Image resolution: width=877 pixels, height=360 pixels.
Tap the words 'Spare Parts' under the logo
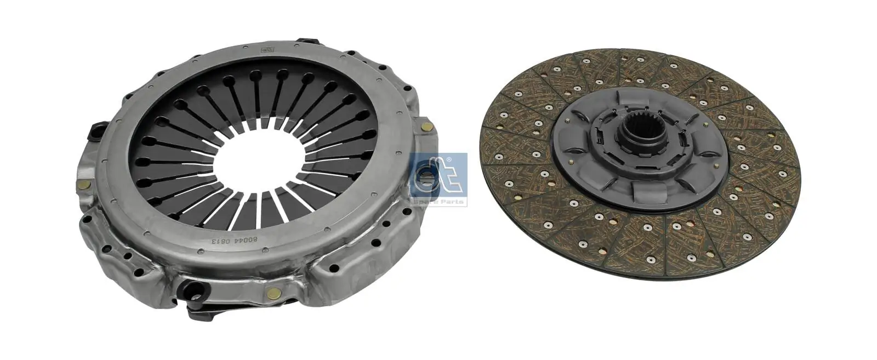point(438,202)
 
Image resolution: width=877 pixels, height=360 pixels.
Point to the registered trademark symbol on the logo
point(449,159)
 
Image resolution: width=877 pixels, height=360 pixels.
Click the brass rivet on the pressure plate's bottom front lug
point(270,293)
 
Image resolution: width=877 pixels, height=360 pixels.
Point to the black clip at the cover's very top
point(307,42)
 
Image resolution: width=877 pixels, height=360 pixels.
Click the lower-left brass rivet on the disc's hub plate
point(572,163)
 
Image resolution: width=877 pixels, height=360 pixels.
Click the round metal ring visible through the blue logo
point(425,178)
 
